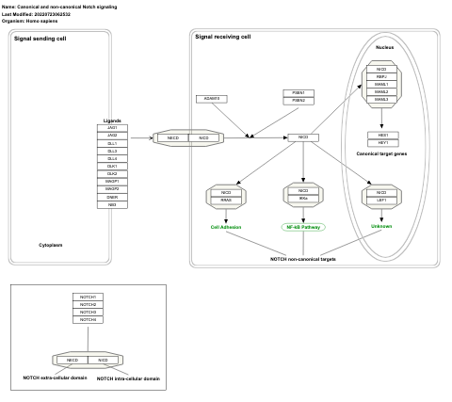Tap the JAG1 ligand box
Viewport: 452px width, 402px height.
[x=112, y=127]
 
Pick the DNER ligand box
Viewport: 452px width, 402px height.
[x=112, y=198]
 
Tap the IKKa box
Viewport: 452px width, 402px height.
[x=303, y=199]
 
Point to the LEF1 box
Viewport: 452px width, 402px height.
[x=380, y=200]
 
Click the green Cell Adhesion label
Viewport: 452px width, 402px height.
[x=226, y=227]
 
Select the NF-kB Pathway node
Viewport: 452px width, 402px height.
[x=303, y=227]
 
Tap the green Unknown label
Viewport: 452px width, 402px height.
[x=380, y=226]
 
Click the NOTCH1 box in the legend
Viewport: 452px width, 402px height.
[x=88, y=297]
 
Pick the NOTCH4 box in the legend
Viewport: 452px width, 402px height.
[x=88, y=320]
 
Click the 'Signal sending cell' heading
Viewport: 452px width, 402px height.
[x=40, y=39]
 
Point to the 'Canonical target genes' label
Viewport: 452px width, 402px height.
[x=380, y=153]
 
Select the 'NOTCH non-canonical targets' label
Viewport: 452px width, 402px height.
[x=302, y=258]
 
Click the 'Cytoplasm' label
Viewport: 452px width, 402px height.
[x=50, y=245]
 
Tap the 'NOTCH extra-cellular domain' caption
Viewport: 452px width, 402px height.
[x=54, y=378]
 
